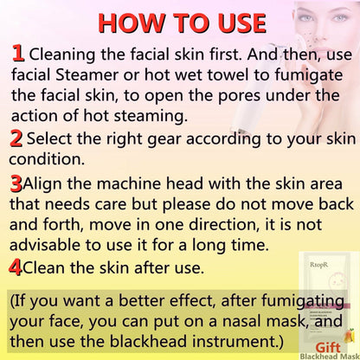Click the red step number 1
17,54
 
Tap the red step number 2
16,138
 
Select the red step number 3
16,183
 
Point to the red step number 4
15,267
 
